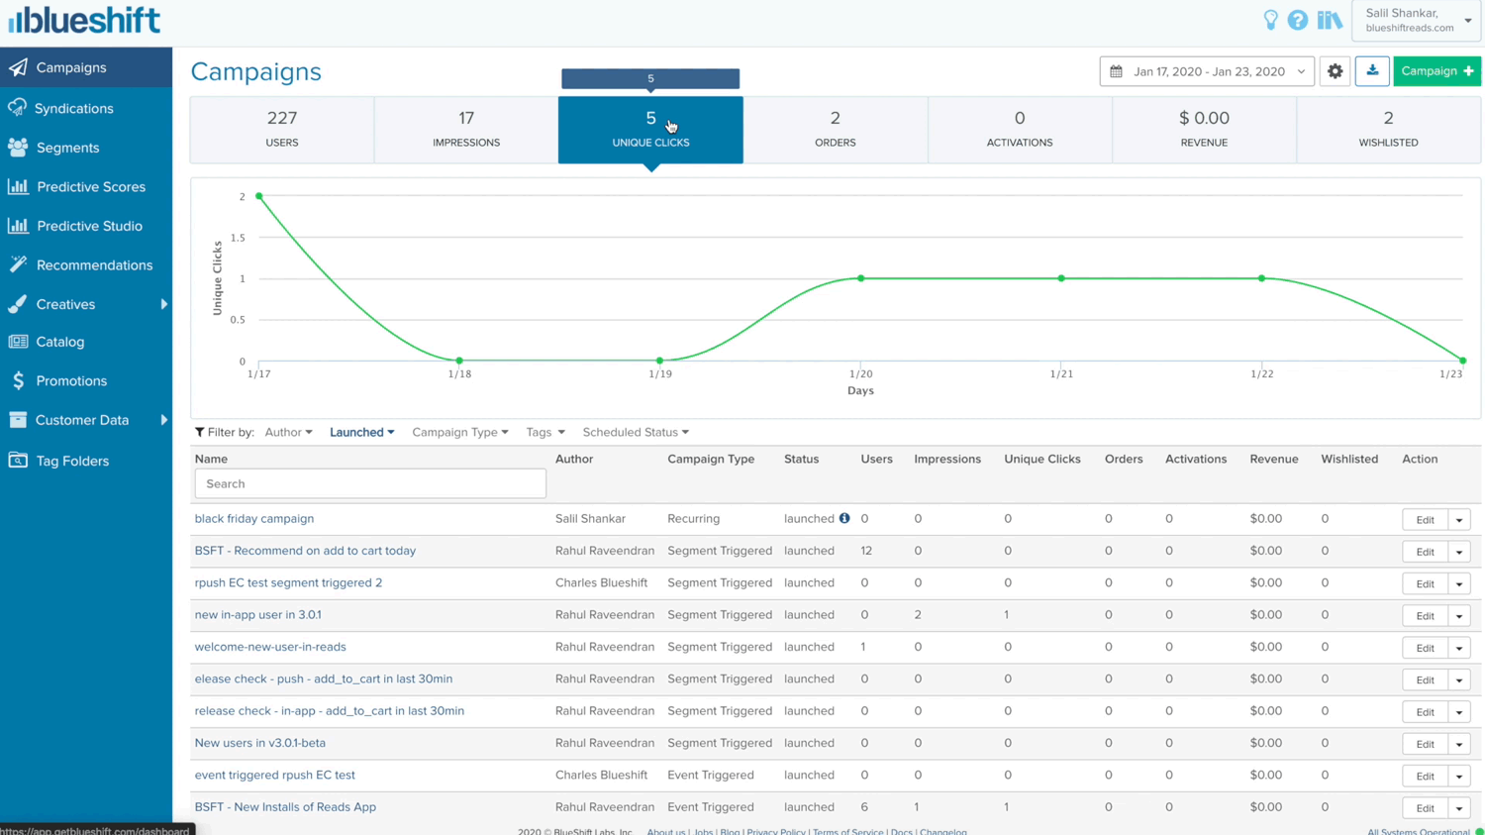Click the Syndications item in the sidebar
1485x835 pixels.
[x=73, y=108]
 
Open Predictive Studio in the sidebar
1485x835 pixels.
[x=89, y=226]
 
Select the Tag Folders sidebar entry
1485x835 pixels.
[x=72, y=461]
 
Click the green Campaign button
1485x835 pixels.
[x=1436, y=71]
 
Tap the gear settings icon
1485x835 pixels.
[x=1335, y=71]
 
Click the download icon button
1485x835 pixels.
[x=1372, y=71]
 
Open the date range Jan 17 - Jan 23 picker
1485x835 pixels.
[x=1207, y=71]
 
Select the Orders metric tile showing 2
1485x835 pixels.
[x=835, y=129]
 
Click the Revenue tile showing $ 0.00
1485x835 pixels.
[x=1204, y=129]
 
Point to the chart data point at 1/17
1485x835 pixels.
[x=259, y=196]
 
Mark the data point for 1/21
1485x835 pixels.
[x=1061, y=278]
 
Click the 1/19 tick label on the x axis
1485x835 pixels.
[x=659, y=374]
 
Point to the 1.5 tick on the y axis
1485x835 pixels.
[x=238, y=238]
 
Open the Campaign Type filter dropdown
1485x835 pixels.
[x=459, y=432]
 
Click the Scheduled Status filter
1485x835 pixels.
[x=635, y=432]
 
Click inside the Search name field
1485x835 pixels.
[x=370, y=483]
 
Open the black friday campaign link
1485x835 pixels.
[x=254, y=518]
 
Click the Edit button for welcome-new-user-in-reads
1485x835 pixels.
[x=1425, y=648]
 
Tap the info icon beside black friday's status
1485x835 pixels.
[x=844, y=518]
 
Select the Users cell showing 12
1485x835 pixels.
[x=866, y=551]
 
